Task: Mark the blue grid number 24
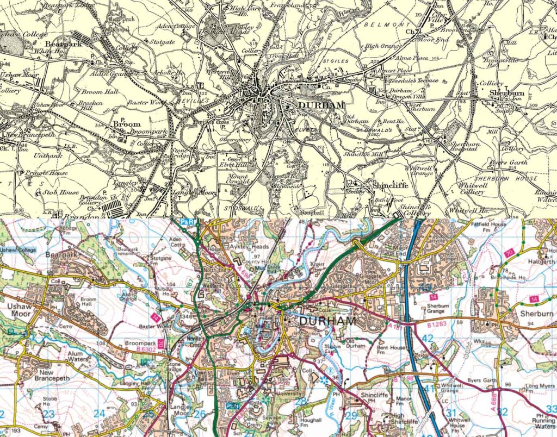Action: pos(99,414)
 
